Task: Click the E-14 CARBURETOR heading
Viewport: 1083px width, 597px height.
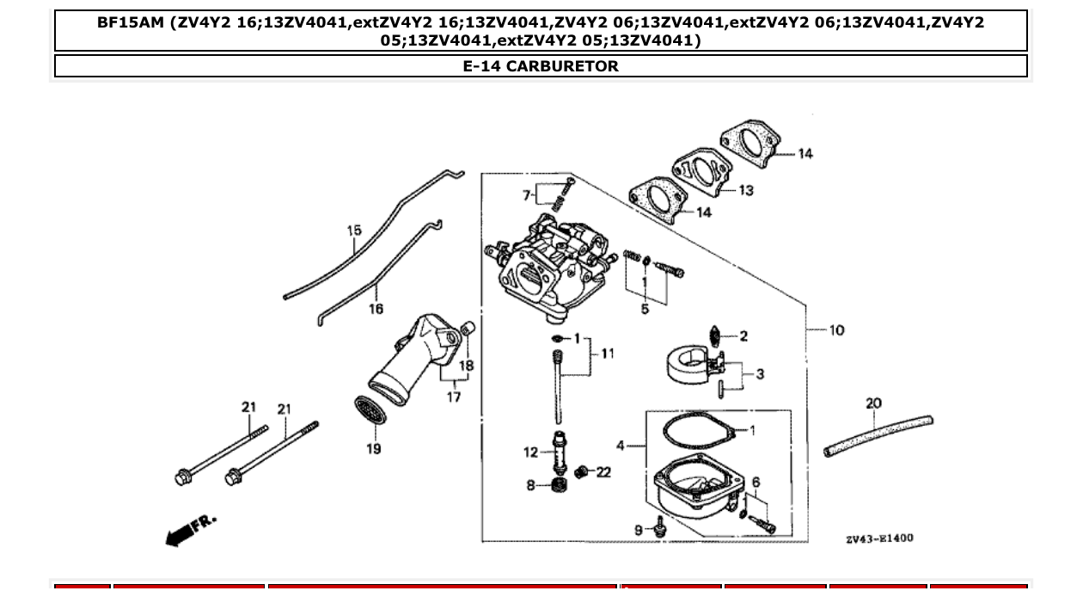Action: [x=541, y=66]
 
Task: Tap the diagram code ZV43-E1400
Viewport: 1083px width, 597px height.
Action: [x=879, y=539]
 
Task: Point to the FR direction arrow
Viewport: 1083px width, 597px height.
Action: [x=189, y=530]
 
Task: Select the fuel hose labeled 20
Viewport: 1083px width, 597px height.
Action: [x=877, y=434]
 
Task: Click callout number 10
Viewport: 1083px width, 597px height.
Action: [x=836, y=329]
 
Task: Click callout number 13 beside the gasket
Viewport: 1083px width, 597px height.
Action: [x=745, y=190]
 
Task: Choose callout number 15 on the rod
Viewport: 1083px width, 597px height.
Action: [x=354, y=231]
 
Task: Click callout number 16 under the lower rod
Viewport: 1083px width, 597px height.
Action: [x=376, y=309]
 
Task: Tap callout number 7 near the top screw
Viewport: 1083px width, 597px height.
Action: [x=527, y=195]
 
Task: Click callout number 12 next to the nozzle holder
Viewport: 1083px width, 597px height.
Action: [x=530, y=452]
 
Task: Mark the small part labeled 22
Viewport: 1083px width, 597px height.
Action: [x=583, y=471]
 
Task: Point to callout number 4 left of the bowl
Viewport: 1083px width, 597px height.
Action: [x=621, y=445]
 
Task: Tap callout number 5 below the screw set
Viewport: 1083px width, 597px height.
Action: [x=645, y=310]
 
